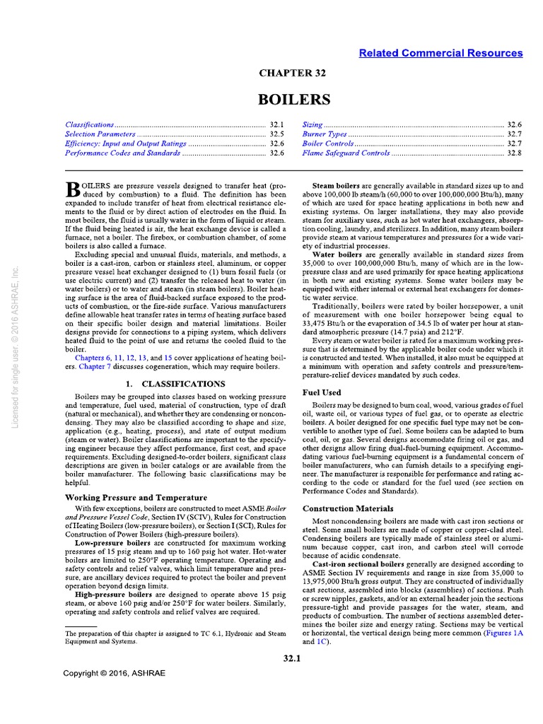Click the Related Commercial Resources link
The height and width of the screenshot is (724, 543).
440,53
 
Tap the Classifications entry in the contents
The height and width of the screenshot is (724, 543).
89,124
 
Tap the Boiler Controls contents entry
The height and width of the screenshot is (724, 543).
328,143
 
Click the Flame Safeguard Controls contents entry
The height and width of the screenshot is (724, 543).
346,153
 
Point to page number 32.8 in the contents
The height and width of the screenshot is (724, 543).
514,153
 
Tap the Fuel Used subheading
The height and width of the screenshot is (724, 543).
322,392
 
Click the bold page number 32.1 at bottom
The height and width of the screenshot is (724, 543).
291,659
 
